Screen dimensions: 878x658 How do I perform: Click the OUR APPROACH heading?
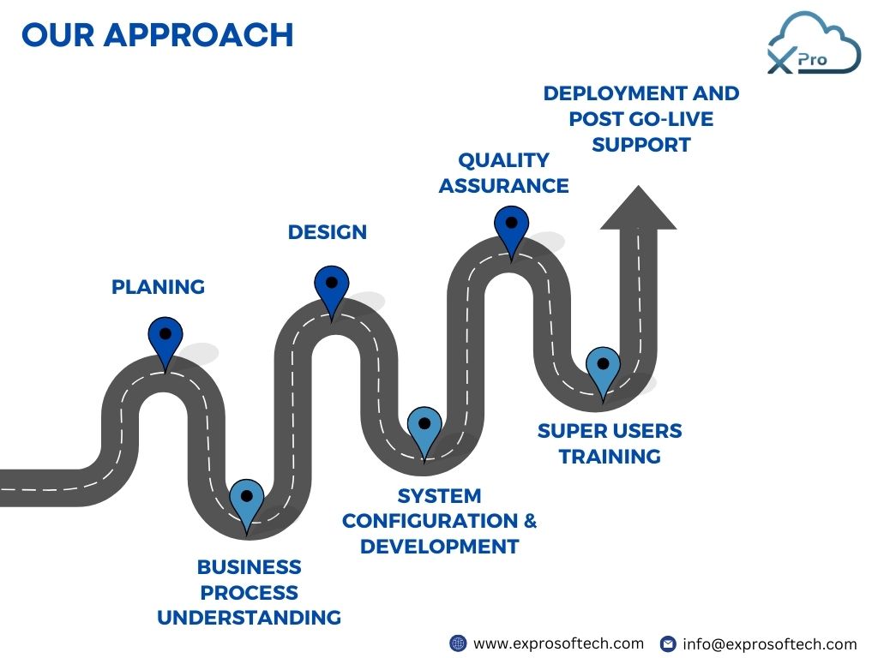158,35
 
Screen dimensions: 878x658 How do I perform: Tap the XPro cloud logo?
814,44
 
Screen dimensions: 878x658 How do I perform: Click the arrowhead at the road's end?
638,208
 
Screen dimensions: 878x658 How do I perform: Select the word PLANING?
159,287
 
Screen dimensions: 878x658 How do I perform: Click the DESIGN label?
328,232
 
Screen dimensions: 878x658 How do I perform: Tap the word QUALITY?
504,160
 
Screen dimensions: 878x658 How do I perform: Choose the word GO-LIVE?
671,119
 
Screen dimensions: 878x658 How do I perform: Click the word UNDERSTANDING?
250,618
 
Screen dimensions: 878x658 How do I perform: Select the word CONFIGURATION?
430,521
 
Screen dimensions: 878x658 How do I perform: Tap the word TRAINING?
610,457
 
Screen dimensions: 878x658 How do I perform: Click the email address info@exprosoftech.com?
770,644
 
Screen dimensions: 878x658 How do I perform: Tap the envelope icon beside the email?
668,644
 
